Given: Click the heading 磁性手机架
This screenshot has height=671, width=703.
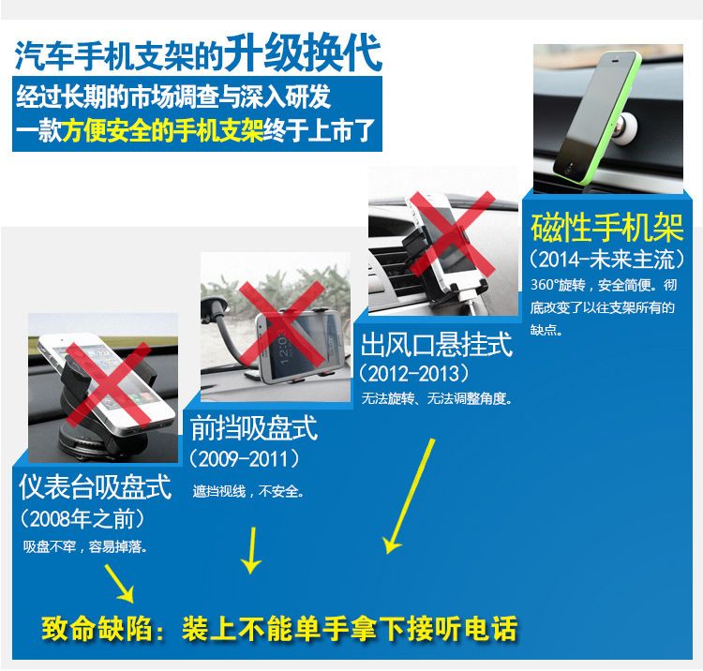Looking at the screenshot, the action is tap(607, 229).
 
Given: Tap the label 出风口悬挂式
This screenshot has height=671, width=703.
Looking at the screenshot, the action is tap(436, 344).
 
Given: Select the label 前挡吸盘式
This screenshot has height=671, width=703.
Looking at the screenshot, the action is tap(254, 428).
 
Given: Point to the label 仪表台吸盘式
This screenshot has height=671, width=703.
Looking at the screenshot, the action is tap(96, 486).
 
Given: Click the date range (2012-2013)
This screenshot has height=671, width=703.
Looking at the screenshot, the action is tap(414, 373).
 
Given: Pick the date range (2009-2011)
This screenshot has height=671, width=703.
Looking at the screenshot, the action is tap(245, 459).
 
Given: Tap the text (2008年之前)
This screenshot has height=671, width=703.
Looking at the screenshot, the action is tap(82, 519).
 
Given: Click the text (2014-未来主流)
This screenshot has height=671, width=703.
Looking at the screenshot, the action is tap(607, 260).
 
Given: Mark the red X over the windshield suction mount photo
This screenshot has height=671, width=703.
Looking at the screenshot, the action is tap(281, 323).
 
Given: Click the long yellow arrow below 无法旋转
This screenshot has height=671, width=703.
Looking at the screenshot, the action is tap(409, 496).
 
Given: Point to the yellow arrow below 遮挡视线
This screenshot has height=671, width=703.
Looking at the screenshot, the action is tap(252, 550).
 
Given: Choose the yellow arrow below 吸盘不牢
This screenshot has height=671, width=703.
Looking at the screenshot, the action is tap(119, 583).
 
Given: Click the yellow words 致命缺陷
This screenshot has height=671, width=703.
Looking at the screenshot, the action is tap(97, 629).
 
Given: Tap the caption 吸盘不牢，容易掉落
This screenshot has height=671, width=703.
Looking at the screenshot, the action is tap(85, 547).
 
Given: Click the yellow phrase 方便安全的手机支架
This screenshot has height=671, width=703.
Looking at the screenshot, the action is tap(162, 131).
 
